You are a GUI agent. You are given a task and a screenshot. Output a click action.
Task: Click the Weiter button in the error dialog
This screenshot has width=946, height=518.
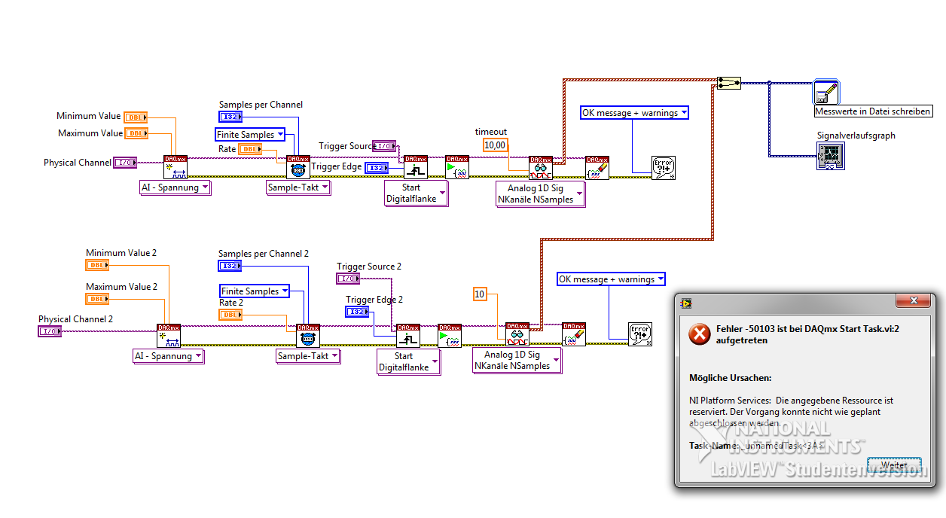894,464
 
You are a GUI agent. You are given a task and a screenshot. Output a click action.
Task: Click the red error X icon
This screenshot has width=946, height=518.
700,335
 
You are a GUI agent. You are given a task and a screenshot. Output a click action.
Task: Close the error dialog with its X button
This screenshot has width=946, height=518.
914,302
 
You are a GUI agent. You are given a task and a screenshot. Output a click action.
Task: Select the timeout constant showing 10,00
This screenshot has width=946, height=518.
495,145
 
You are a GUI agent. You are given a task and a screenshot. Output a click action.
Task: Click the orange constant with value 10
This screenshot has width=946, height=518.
480,294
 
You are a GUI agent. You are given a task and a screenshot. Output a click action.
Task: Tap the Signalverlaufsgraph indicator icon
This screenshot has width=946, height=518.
829,157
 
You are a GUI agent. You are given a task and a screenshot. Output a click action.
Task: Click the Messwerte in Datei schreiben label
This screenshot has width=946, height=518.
873,111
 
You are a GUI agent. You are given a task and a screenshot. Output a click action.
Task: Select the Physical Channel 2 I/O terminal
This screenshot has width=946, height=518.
50,331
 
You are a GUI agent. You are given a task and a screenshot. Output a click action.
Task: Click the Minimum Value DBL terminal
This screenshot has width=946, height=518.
136,117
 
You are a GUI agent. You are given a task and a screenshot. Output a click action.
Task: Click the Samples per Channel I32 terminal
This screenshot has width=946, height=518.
230,117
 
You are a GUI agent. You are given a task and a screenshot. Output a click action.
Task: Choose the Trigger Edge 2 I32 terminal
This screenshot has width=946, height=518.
357,312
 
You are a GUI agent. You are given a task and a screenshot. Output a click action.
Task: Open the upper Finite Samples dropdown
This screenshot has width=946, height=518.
250,135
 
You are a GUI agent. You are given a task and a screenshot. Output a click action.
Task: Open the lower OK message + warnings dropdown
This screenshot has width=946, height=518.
611,279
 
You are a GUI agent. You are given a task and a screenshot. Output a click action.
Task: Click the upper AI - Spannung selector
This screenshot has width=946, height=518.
175,187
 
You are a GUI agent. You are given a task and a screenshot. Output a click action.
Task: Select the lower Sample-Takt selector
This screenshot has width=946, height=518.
307,356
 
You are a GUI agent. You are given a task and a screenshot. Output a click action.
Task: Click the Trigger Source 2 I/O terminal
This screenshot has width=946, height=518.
347,279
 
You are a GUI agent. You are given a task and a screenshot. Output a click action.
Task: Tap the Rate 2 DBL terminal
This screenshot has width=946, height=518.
230,315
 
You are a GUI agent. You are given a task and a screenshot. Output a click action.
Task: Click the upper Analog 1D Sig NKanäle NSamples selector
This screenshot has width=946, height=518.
540,193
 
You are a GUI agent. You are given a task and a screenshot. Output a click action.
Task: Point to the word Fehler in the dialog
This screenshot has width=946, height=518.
731,329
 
